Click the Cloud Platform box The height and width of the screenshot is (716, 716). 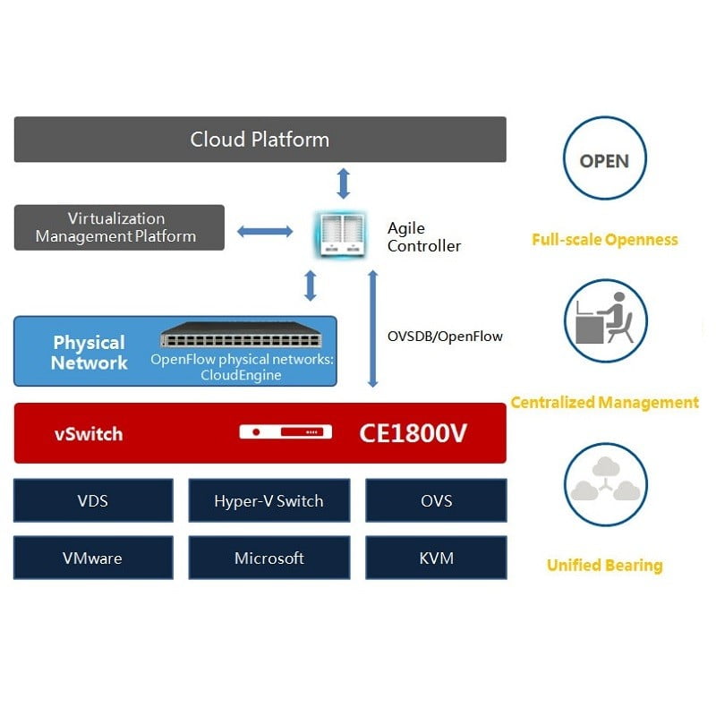[260, 140]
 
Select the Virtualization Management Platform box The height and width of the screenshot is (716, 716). [119, 227]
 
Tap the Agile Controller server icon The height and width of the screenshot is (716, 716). [343, 234]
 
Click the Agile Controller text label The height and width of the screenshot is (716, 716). [424, 237]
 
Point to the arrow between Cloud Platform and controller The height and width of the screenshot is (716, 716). [343, 182]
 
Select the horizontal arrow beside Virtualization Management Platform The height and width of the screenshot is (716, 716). [265, 232]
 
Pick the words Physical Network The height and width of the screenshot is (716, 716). [89, 353]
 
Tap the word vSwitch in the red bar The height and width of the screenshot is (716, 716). [89, 434]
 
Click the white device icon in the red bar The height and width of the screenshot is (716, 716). [286, 432]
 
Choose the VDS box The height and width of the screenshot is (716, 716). [93, 500]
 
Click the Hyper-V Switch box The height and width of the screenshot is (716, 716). [268, 500]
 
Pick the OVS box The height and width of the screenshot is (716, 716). [436, 500]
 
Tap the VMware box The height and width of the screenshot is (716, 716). [93, 558]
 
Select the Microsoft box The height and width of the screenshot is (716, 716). [268, 558]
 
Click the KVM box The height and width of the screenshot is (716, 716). [436, 558]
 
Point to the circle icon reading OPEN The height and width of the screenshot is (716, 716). [604, 161]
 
